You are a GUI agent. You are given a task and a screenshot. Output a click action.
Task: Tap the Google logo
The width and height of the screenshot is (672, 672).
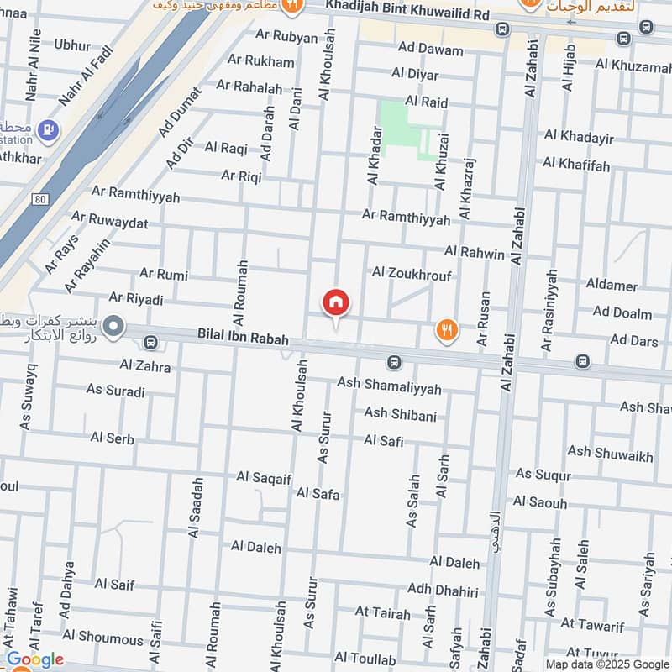coord(34,659)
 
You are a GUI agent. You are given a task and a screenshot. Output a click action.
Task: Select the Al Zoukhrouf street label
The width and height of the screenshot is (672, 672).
coord(412,274)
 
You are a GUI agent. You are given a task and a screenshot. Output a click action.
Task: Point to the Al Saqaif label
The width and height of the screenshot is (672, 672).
coord(263,477)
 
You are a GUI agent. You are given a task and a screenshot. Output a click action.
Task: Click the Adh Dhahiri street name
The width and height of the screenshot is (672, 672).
coord(443,590)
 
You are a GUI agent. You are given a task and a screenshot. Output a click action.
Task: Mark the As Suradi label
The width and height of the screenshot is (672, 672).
coord(115,391)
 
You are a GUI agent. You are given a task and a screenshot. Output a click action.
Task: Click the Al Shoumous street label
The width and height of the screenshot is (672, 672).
coord(102,638)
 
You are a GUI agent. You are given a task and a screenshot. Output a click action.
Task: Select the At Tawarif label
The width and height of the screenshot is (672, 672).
coord(593,624)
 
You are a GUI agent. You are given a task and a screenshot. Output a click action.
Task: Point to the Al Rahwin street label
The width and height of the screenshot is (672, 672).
coord(475,252)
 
